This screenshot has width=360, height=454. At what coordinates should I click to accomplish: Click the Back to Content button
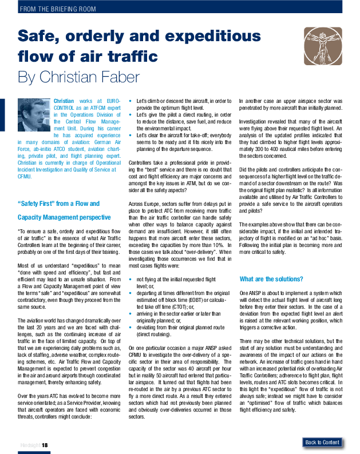pos(322,442)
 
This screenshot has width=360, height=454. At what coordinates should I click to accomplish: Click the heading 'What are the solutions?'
pos(271,278)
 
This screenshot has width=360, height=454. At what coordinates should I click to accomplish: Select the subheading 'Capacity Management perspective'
pos(64,217)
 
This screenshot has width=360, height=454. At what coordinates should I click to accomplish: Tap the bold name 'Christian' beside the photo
pos(63,101)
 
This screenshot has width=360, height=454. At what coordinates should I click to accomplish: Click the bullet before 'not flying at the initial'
pos(131,279)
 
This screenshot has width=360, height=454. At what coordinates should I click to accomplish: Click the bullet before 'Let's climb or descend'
pos(131,101)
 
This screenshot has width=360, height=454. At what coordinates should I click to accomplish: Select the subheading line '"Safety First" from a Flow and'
pos(58,203)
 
